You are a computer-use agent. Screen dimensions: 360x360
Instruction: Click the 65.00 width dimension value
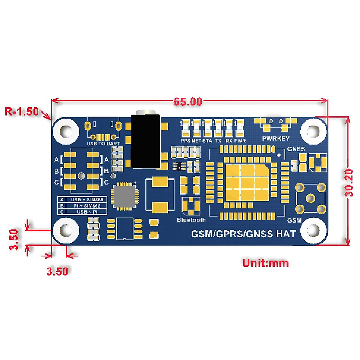(x=188, y=102)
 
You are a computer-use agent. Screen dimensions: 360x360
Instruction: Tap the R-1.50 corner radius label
(x=22, y=112)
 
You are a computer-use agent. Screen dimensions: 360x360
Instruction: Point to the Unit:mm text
(x=265, y=263)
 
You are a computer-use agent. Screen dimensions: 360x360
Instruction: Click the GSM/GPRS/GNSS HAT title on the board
(x=244, y=233)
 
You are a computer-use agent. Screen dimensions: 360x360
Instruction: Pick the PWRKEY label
(x=276, y=138)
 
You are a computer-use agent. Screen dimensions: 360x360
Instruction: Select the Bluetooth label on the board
(x=191, y=220)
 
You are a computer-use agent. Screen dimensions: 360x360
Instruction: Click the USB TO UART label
(x=103, y=144)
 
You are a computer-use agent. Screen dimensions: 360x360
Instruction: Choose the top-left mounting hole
(x=66, y=131)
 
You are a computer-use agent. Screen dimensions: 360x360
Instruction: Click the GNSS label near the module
(x=296, y=149)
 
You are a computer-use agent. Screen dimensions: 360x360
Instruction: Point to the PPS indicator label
(x=186, y=140)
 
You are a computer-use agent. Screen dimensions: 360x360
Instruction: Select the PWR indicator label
(x=240, y=140)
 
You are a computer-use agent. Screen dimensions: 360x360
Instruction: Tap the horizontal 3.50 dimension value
(x=57, y=271)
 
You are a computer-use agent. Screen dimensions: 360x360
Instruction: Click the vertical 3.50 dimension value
(x=14, y=239)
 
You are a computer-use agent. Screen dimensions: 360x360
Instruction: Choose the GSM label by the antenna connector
(x=294, y=220)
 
